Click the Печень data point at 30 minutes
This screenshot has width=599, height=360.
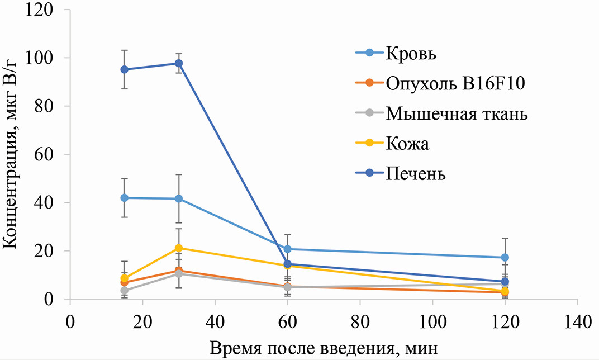click(x=179, y=63)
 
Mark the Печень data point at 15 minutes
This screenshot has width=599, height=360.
click(x=124, y=69)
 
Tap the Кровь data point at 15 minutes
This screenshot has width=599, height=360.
click(x=124, y=198)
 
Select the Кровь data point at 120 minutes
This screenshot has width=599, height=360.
click(x=505, y=257)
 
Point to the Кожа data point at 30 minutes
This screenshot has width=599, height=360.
click(x=179, y=248)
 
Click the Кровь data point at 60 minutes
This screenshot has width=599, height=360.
click(x=287, y=249)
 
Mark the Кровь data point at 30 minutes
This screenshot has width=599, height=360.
click(x=179, y=198)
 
